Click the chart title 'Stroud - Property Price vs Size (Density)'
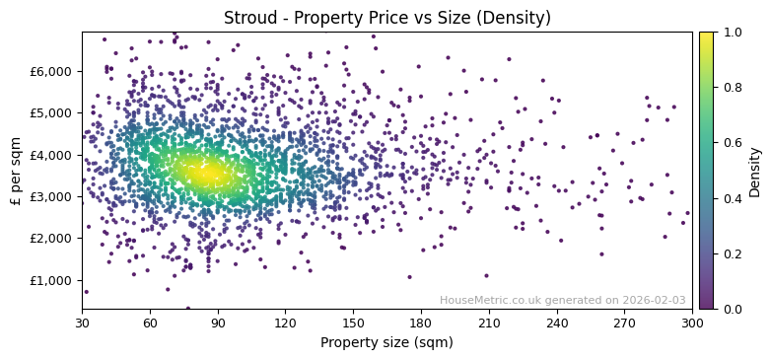pyautogui.click(x=386, y=18)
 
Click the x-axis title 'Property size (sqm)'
pyautogui.click(x=386, y=342)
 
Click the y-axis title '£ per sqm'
pyautogui.click(x=16, y=170)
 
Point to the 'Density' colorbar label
pyautogui.click(x=754, y=171)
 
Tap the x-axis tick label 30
pyautogui.click(x=82, y=322)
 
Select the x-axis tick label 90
pyautogui.click(x=218, y=322)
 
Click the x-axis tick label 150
pyautogui.click(x=353, y=322)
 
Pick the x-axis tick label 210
pyautogui.click(x=489, y=322)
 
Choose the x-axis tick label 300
pyautogui.click(x=692, y=322)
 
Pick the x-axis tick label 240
pyautogui.click(x=557, y=322)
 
